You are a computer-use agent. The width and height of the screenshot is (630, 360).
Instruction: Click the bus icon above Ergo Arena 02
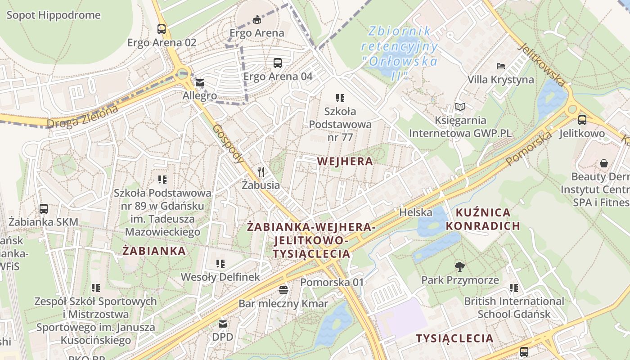coord(162,29)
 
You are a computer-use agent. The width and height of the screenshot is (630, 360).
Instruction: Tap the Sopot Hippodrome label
coord(54,15)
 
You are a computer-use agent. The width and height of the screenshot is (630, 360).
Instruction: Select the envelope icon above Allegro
coord(200,83)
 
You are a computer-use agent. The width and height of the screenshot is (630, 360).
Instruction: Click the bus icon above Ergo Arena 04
coord(278,63)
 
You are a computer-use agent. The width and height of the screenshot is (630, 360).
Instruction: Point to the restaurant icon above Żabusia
coord(261,171)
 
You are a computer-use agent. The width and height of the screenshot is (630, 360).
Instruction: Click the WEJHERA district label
coord(345,161)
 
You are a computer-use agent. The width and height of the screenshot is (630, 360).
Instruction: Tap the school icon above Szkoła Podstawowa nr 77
coord(340,98)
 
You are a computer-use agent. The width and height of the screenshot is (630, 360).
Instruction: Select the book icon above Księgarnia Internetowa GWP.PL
coord(460,107)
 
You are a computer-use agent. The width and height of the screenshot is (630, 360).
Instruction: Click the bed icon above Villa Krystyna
coord(501,66)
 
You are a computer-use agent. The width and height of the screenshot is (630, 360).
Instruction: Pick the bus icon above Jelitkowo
coord(582,120)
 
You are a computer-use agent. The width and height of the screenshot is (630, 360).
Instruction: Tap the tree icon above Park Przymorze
coord(459,267)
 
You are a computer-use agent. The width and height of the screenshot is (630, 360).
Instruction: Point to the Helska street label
coord(416,212)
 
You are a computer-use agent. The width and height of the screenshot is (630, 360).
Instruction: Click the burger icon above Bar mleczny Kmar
coord(283,290)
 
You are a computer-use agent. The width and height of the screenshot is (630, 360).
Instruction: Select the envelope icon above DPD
coord(223,324)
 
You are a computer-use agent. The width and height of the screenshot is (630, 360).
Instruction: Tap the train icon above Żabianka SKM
coord(44,208)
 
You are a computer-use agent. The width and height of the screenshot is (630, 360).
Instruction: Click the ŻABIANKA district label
coord(154,251)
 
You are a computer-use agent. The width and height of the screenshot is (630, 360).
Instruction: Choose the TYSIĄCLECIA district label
coord(454,338)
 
